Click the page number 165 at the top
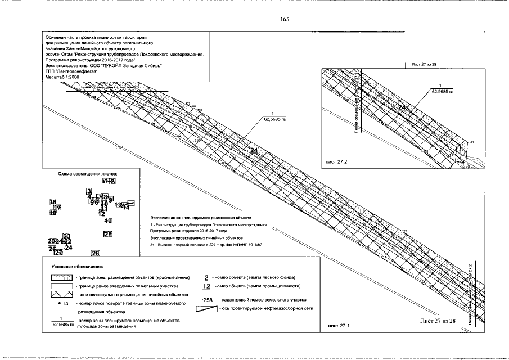click(284, 20)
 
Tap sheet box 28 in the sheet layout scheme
click(95, 253)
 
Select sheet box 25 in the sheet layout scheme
click(108, 234)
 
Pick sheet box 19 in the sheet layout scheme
click(108, 221)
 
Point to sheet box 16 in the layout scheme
click(53, 202)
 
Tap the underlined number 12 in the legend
click(206, 286)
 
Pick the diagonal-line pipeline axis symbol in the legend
click(206, 309)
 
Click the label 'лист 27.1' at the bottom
click(336, 325)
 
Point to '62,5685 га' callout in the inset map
click(442, 91)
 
